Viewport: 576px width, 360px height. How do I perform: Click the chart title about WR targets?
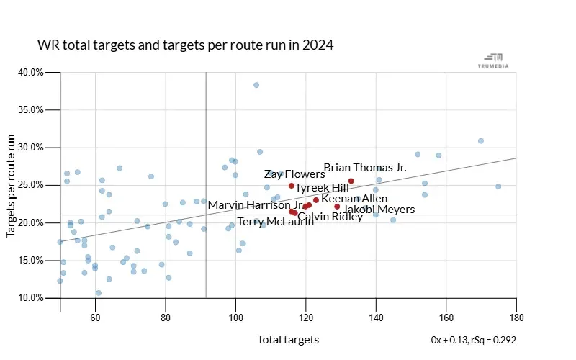(186, 45)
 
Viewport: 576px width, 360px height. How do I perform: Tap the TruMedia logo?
(495, 60)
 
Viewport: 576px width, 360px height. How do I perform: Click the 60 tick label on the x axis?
(96, 317)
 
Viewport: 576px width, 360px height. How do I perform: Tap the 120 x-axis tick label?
(306, 317)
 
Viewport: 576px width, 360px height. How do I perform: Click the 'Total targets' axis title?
(288, 340)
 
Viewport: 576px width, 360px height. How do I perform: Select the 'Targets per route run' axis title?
(12, 185)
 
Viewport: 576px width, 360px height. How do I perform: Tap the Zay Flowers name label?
(294, 174)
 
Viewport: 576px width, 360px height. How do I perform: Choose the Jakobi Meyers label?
(379, 210)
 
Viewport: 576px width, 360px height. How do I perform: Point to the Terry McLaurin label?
(276, 222)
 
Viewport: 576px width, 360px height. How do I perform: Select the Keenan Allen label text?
(354, 199)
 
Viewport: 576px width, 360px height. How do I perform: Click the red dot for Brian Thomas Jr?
(351, 181)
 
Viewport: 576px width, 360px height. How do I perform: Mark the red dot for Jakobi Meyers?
(337, 207)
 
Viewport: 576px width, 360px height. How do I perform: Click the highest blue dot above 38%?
(256, 85)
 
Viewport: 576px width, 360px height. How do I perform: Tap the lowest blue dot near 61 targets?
(99, 293)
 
